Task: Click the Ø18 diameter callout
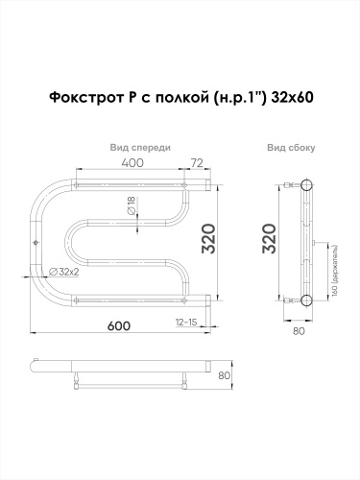click(x=129, y=204)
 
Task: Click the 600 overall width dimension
click(x=119, y=326)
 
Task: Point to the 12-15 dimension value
click(x=186, y=322)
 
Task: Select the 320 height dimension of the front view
click(x=221, y=240)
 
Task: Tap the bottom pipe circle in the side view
click(x=306, y=300)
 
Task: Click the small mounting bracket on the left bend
click(x=36, y=242)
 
